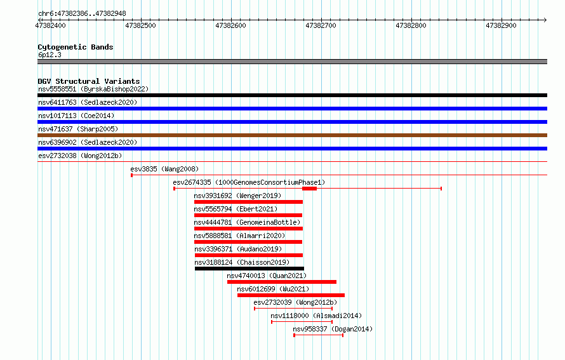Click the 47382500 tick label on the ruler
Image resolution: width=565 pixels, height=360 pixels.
(140, 25)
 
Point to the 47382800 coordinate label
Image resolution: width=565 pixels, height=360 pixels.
(411, 25)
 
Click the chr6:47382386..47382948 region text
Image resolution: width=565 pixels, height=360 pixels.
(82, 14)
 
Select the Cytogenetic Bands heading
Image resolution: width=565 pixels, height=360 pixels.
(76, 47)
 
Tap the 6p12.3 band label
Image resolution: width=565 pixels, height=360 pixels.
(50, 55)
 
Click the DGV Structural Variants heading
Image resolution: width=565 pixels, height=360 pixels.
(89, 81)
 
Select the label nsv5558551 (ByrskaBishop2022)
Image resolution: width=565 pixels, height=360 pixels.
(93, 89)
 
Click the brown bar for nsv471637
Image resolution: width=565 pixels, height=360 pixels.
(292, 135)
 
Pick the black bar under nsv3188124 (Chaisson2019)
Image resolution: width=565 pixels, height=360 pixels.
(249, 269)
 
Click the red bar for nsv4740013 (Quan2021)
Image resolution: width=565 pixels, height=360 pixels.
(282, 282)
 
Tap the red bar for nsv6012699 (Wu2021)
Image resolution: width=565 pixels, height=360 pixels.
(291, 295)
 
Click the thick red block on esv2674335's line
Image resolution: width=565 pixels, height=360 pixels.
(310, 189)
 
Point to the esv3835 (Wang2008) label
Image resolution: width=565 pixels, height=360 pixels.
(164, 169)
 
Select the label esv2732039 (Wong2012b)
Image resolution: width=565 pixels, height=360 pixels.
(295, 302)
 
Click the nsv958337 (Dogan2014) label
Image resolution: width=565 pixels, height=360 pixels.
(333, 329)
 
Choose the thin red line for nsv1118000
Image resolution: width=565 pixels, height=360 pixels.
(302, 322)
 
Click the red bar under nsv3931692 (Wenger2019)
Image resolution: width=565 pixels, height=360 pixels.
(249, 202)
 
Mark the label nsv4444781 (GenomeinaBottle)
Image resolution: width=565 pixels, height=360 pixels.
(247, 222)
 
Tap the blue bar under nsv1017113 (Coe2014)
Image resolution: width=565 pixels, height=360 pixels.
(292, 122)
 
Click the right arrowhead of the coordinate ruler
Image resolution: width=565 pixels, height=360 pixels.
(545, 20)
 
